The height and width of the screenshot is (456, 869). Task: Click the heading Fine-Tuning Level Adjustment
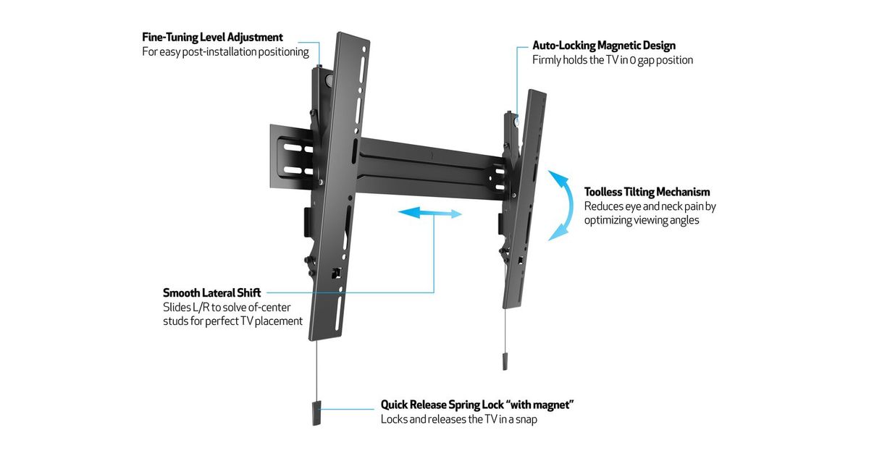(x=212, y=37)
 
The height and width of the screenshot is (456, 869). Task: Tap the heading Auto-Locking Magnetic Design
(x=604, y=46)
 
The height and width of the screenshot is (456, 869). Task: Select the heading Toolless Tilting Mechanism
(x=647, y=192)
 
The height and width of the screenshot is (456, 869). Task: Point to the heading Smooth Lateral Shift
(x=211, y=293)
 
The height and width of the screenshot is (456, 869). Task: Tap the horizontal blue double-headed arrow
(x=430, y=213)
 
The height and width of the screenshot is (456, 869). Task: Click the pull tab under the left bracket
(x=316, y=413)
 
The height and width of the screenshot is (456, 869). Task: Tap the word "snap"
(x=524, y=419)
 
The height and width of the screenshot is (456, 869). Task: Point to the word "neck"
(x=667, y=206)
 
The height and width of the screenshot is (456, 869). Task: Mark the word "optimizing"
(x=610, y=220)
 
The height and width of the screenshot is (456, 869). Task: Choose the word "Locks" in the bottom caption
(x=395, y=419)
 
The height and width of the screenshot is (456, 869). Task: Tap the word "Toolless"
(x=607, y=192)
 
